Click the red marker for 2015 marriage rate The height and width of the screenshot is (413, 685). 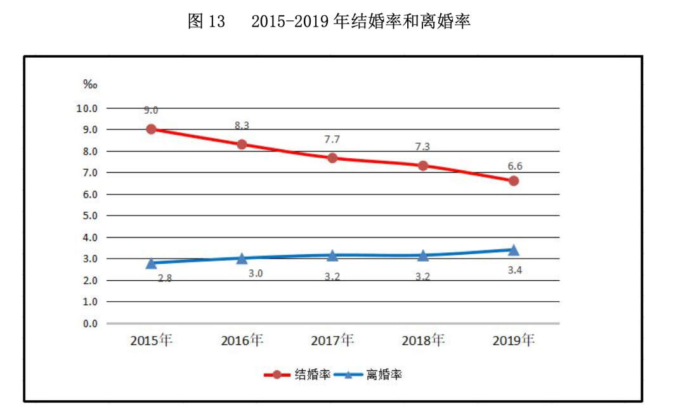pyautogui.click(x=151, y=129)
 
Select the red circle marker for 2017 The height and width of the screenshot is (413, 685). pyautogui.click(x=332, y=158)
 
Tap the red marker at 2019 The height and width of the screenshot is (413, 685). pyautogui.click(x=514, y=180)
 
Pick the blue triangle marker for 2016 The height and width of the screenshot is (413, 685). pyautogui.click(x=242, y=258)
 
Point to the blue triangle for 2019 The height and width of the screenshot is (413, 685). pyautogui.click(x=514, y=249)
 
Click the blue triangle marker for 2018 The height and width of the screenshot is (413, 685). pyautogui.click(x=423, y=255)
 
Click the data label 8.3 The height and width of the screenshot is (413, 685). pyautogui.click(x=242, y=126)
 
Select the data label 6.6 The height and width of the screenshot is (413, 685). pyautogui.click(x=514, y=166)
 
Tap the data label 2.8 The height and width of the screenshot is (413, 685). pyautogui.click(x=164, y=278)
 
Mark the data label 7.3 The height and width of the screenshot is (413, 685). pyautogui.click(x=423, y=147)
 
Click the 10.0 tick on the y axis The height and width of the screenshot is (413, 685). pyautogui.click(x=87, y=108)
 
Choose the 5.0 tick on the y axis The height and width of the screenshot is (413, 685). pyautogui.click(x=89, y=216)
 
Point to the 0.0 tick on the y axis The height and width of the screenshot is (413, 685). pyautogui.click(x=89, y=323)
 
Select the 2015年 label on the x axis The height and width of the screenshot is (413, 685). pyautogui.click(x=151, y=340)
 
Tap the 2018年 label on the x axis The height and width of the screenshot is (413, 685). pyautogui.click(x=423, y=340)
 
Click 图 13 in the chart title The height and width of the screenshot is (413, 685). pyautogui.click(x=206, y=22)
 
